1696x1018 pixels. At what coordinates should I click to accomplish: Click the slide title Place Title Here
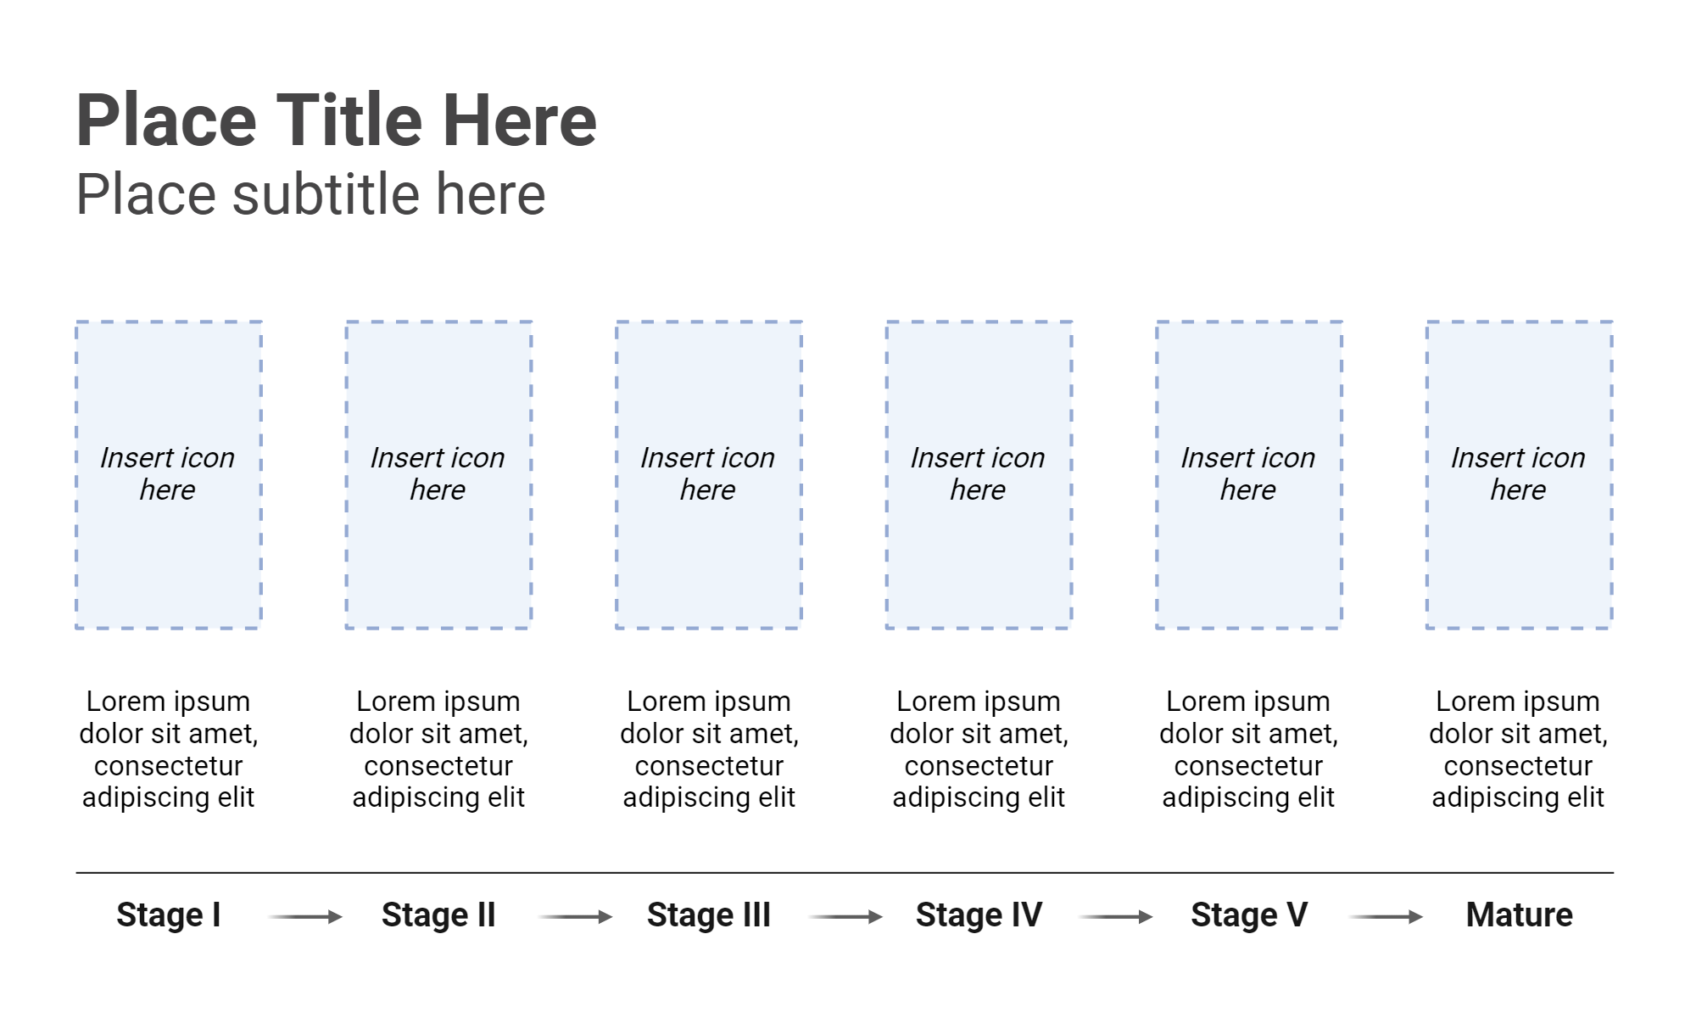click(x=336, y=120)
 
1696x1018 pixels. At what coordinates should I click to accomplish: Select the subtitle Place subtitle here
click(x=310, y=194)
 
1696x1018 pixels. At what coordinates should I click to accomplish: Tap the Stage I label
click(x=168, y=915)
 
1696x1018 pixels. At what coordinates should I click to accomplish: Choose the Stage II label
click(x=438, y=915)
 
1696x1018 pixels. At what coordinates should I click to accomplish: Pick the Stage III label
click(x=708, y=915)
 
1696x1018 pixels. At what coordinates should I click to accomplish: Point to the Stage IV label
click(x=979, y=915)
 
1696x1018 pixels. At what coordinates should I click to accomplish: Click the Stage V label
click(x=1248, y=915)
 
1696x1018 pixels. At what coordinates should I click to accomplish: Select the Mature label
click(x=1519, y=915)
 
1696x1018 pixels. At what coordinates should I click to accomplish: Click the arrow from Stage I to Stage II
click(x=304, y=916)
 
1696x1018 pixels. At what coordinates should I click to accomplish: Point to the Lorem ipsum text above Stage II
click(x=438, y=749)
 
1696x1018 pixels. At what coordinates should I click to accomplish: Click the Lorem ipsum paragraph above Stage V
click(x=1248, y=749)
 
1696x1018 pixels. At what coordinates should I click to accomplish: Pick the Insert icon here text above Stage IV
click(x=978, y=473)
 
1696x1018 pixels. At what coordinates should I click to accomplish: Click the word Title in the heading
click(x=349, y=120)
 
